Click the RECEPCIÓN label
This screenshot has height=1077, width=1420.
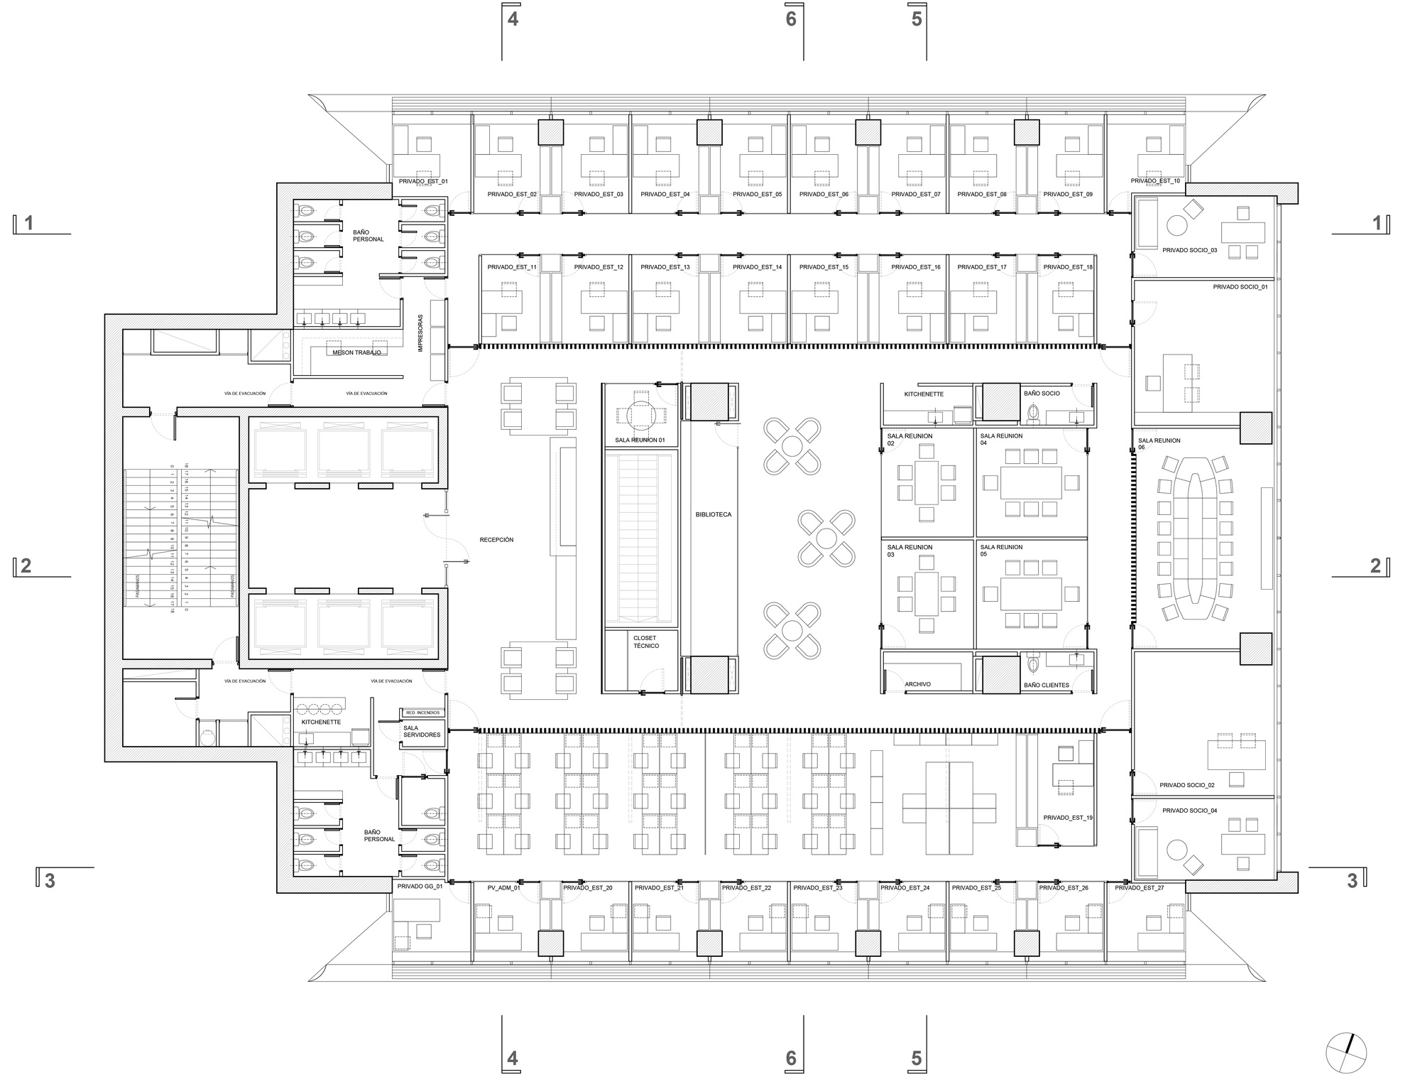point(496,540)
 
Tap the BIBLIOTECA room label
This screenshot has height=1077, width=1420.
point(713,514)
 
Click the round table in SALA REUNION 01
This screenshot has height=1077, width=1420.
point(640,415)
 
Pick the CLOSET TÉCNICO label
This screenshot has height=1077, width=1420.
point(646,642)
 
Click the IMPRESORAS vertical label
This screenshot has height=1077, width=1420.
point(421,333)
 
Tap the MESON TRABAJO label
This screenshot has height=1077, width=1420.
point(356,352)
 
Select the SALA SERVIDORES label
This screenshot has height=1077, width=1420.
point(422,731)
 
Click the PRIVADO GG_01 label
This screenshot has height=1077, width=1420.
point(420,887)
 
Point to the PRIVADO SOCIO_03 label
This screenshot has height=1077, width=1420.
point(1189,250)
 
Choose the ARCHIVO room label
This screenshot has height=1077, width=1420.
point(917,684)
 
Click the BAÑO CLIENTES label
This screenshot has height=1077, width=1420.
point(1047,686)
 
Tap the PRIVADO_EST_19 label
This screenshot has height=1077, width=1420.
point(1068,818)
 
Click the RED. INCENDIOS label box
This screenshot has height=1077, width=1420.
point(422,713)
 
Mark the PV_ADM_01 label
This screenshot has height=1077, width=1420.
point(503,888)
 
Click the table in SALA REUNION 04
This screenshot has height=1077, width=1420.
point(1031,482)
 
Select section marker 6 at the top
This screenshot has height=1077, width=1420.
point(791,19)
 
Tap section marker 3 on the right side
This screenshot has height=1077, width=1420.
point(1352,881)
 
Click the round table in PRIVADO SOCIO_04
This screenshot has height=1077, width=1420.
point(1176,850)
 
